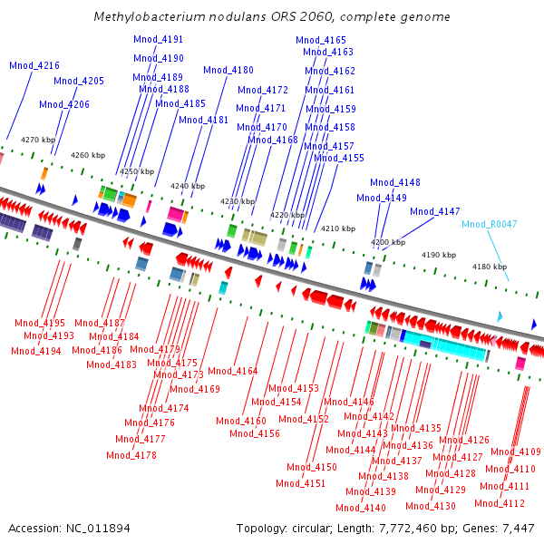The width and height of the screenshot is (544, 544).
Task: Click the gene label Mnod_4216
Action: (x=34, y=66)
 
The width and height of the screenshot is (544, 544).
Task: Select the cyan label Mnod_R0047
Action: (x=489, y=224)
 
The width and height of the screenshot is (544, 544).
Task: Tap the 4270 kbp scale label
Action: (x=38, y=140)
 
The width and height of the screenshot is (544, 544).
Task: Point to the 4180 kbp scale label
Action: (x=489, y=267)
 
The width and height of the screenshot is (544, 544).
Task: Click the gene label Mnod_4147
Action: (x=435, y=211)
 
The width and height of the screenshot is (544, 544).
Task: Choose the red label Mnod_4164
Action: (x=233, y=371)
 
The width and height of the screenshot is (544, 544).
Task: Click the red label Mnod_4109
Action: (x=516, y=452)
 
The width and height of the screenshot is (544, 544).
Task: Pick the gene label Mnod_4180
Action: (x=228, y=70)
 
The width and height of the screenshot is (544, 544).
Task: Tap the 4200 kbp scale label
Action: (x=388, y=242)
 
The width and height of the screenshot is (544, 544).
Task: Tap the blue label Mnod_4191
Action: (x=158, y=40)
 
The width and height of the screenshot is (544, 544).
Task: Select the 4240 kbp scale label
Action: (x=188, y=187)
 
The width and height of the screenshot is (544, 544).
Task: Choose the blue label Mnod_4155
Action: (x=339, y=158)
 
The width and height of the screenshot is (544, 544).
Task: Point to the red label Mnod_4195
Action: (x=40, y=323)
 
